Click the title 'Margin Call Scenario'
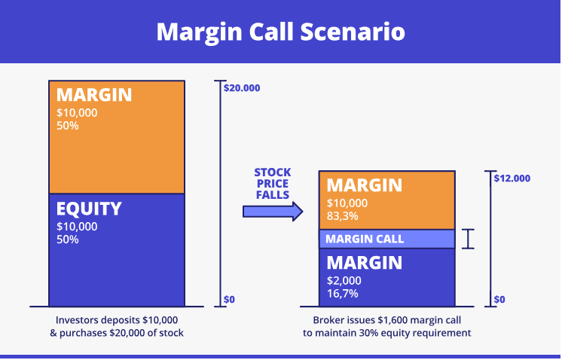(280, 32)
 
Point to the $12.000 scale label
(512, 178)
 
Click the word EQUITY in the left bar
(89, 209)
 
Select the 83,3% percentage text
(343, 215)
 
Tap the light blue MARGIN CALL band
(386, 239)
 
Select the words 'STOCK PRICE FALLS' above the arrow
(272, 182)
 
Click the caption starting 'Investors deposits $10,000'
(116, 325)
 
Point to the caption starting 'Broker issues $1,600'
(386, 325)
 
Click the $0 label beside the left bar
(229, 300)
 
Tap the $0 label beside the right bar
(499, 300)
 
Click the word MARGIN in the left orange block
(93, 95)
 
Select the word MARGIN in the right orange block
(364, 185)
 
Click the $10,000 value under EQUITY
(77, 226)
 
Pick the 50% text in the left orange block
(68, 125)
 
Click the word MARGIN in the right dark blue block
(364, 263)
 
